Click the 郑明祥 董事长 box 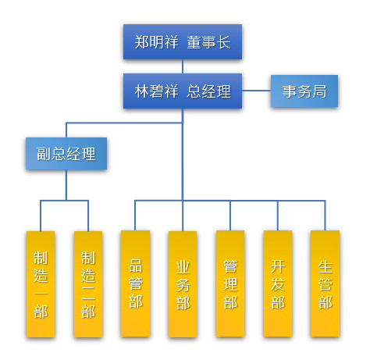pos(183,42)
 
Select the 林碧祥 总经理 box pos(183,91)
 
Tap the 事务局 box pos(304,91)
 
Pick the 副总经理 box pos(66,154)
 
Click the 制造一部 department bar pos(41,284)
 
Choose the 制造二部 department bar pos(88,284)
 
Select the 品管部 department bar pos(135,283)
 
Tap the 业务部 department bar pos(183,284)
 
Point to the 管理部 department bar pos(230,283)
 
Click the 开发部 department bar pos(278,283)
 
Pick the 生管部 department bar pos(325,283)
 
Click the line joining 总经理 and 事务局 pos(256,91)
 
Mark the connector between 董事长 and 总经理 pos(183,66)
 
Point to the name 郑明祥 pos(156,42)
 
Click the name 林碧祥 pos(156,91)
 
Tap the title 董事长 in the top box pos(208,42)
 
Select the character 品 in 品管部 pos(135,266)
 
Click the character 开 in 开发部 pos(278,266)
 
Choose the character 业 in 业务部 pos(183,267)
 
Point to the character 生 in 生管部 pos(325,267)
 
